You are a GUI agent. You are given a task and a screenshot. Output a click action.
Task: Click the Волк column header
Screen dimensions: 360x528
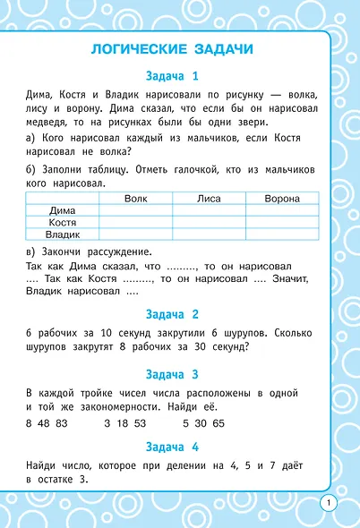(x=136, y=198)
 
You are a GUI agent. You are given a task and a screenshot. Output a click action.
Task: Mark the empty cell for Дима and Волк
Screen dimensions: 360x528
(x=136, y=209)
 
